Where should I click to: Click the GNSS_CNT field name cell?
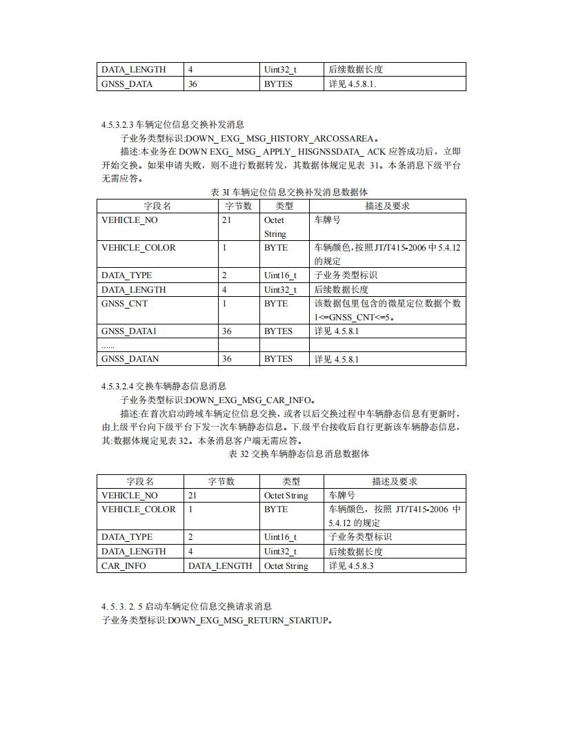click(124, 304)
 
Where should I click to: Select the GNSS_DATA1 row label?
click(129, 331)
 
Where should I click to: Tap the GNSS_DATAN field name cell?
click(130, 359)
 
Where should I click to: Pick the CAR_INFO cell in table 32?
click(124, 566)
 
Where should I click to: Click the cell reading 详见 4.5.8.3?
click(351, 566)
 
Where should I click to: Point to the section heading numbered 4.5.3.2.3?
click(172, 124)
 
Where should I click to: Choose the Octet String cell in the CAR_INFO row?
click(286, 566)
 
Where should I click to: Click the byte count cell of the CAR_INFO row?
click(220, 566)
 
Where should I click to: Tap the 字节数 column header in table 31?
click(238, 206)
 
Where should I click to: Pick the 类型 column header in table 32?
click(291, 481)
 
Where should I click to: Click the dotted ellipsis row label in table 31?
click(108, 345)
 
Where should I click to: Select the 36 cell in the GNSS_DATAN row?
click(227, 359)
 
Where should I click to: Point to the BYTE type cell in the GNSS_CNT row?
click(276, 304)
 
